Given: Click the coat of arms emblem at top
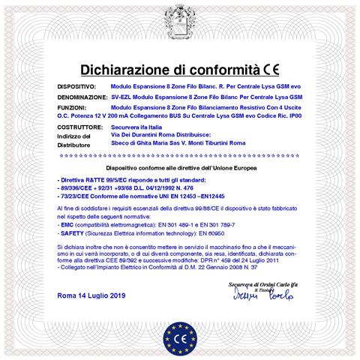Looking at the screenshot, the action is [x=179, y=18].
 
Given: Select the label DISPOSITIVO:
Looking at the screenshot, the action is [x=76, y=88].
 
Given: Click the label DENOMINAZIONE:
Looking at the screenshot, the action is [x=82, y=97].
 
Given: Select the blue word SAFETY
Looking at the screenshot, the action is [x=72, y=232].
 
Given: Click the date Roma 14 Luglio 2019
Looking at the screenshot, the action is [x=93, y=295].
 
